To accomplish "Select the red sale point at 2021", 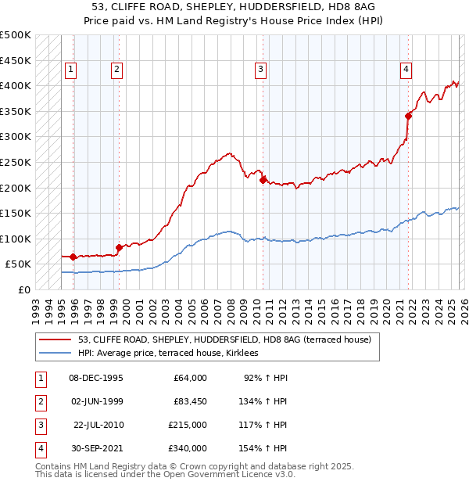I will click(408, 116).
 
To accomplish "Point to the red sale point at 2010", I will click(263, 180).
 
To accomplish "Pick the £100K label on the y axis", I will click(16, 239).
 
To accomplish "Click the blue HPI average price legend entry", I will click(167, 354).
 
